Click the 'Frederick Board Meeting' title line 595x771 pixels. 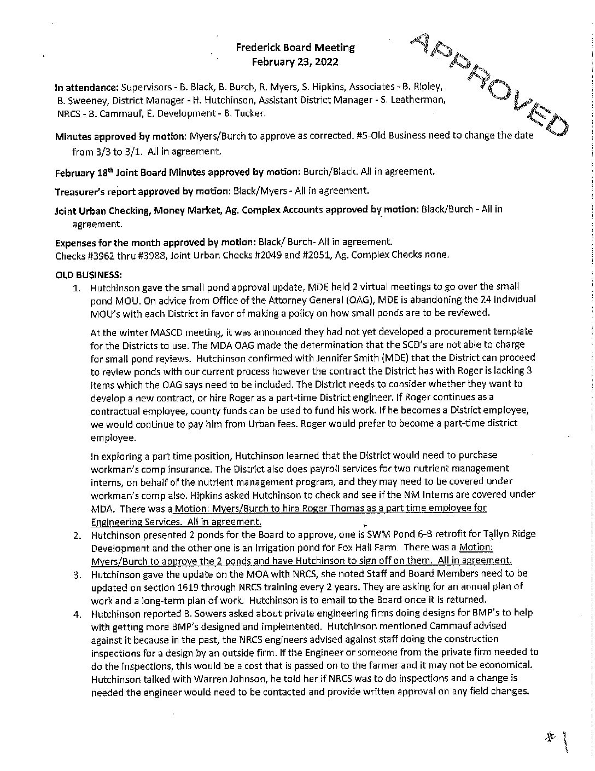coord(295,48)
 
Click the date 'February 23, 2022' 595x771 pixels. coord(295,62)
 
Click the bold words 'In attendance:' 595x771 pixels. coord(86,87)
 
